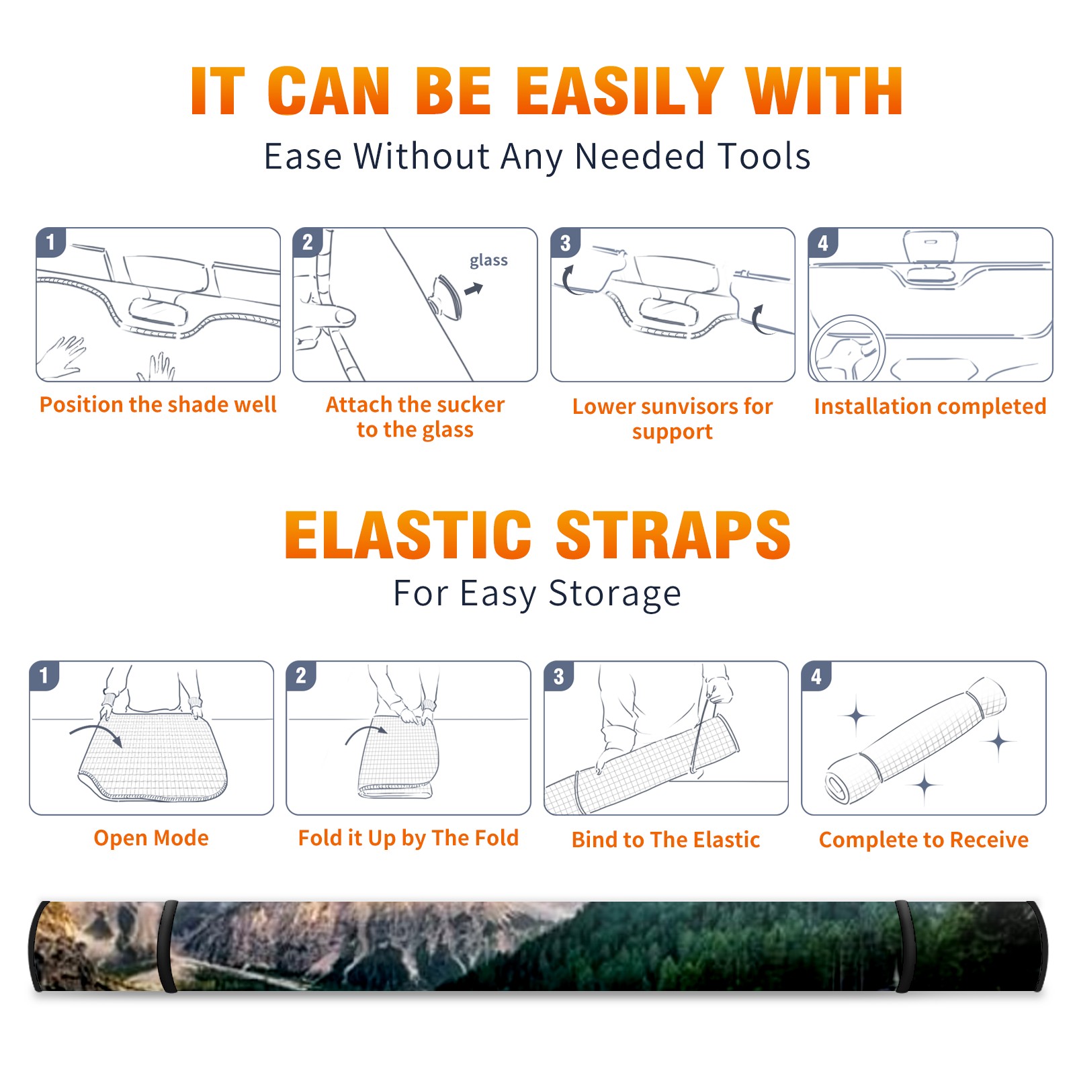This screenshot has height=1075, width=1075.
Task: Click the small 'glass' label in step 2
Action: pyautogui.click(x=488, y=261)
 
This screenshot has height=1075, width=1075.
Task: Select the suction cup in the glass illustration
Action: pyautogui.click(x=447, y=296)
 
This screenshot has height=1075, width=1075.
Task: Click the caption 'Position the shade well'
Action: pyautogui.click(x=158, y=404)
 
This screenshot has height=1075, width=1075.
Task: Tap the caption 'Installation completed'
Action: pyautogui.click(x=930, y=406)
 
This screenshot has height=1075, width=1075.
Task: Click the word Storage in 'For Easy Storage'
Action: pyautogui.click(x=614, y=594)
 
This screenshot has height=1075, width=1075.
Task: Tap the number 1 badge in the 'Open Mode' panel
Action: pyautogui.click(x=44, y=675)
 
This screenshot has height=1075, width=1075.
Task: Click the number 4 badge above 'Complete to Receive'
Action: pyautogui.click(x=816, y=676)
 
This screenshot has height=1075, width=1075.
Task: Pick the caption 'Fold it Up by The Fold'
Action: pyautogui.click(x=408, y=838)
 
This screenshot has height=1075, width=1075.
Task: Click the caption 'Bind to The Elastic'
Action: pyautogui.click(x=666, y=840)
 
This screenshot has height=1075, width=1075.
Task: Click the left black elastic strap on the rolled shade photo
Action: pyautogui.click(x=167, y=947)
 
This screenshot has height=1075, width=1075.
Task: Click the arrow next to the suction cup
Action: pyautogui.click(x=474, y=289)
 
